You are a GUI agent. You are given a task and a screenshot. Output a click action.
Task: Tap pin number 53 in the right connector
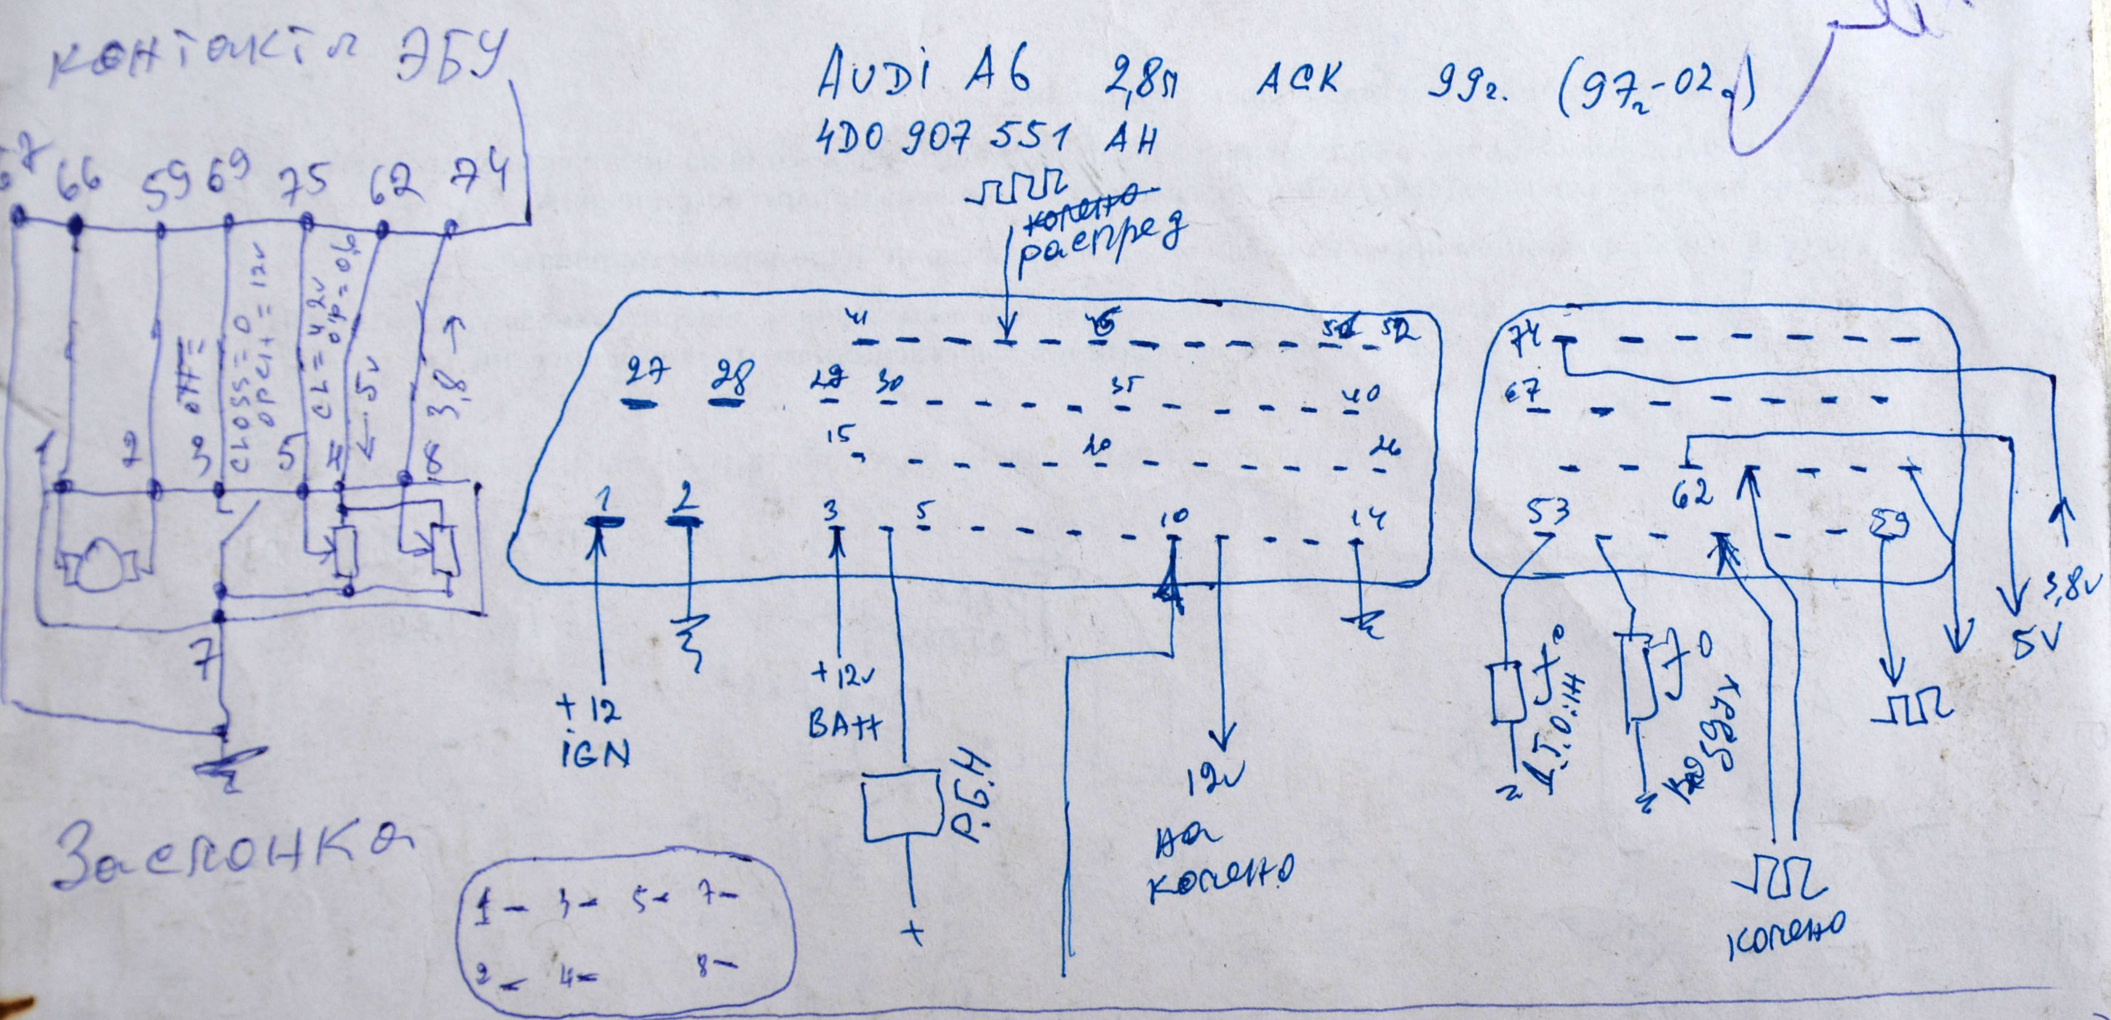[x=1549, y=513]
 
